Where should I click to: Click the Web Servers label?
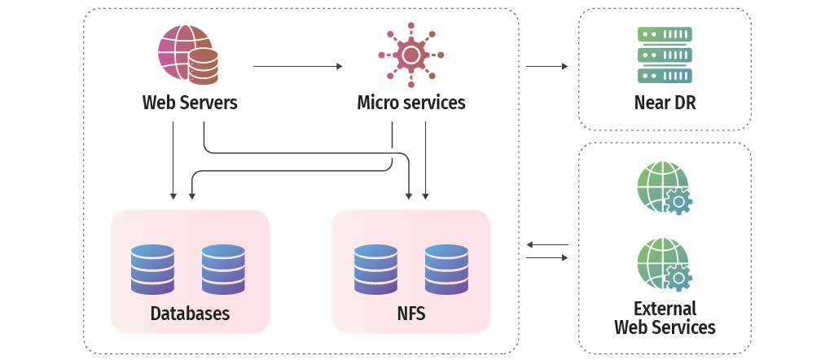[x=190, y=103]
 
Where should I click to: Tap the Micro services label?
[x=411, y=103]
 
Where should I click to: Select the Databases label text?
[x=190, y=314]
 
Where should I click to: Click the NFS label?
[x=410, y=314]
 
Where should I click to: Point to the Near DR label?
[x=665, y=103]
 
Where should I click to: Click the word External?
[x=665, y=309]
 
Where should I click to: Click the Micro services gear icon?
[x=411, y=55]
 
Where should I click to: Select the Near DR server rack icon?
[x=665, y=55]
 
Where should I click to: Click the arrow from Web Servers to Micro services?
[x=298, y=66]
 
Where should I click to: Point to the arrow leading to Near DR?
[x=546, y=66]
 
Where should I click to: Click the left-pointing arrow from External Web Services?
[x=547, y=244]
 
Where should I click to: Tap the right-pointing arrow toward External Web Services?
[x=547, y=257]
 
